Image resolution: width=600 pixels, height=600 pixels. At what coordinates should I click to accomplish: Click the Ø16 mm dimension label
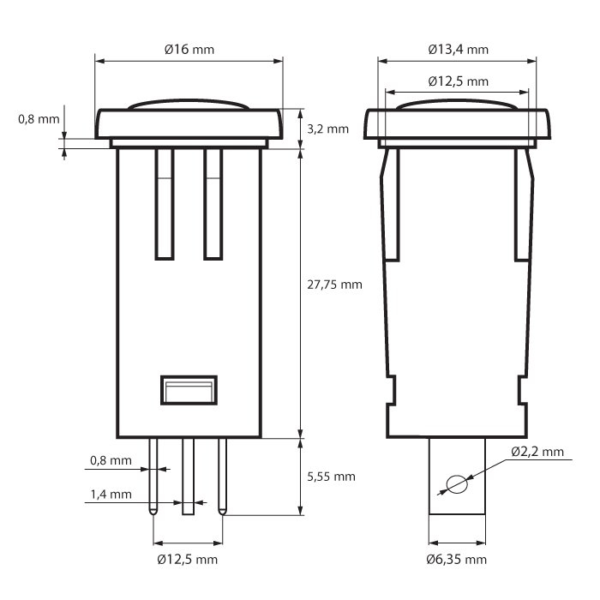point(189,50)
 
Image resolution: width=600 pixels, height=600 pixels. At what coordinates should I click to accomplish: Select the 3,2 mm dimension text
point(328,129)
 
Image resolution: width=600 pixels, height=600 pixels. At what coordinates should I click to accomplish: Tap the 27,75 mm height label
point(334,284)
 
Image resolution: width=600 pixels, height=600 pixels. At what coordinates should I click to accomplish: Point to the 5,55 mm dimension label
point(331,477)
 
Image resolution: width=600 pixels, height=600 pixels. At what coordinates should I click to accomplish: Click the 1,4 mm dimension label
point(111,495)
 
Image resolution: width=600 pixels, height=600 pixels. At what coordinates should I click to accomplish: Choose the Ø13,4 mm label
point(459,50)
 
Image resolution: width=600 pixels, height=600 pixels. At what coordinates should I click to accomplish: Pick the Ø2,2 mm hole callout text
point(537,451)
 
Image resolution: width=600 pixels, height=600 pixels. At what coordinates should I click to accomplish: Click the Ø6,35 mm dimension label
point(457,560)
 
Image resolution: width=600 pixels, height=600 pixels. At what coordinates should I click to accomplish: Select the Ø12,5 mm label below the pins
point(188,560)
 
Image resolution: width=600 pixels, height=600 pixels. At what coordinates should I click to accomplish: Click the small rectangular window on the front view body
point(188,390)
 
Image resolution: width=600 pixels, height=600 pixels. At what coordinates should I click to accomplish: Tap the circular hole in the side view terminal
point(458,484)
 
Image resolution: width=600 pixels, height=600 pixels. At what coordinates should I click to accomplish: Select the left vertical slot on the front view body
point(165,204)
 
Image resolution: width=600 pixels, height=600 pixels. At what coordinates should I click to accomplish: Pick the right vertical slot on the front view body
point(213,204)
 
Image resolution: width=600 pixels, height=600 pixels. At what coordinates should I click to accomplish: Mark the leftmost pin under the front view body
point(153,476)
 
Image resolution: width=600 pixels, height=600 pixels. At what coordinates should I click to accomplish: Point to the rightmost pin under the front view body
point(222,476)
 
